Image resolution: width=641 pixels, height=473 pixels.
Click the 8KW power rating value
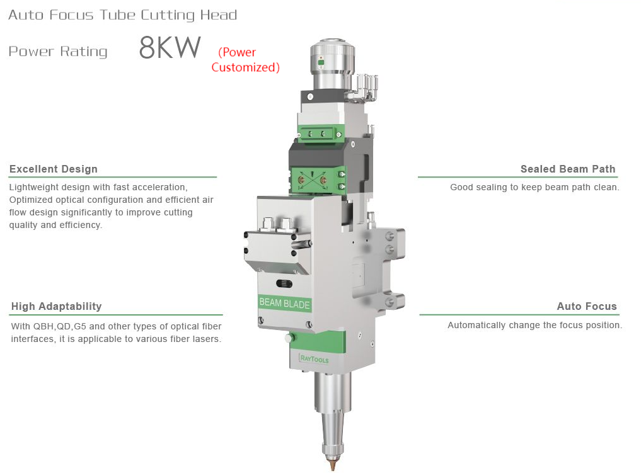pyautogui.click(x=170, y=47)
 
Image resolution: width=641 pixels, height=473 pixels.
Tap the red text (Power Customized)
pyautogui.click(x=245, y=60)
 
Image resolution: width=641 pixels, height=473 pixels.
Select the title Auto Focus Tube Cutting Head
pyautogui.click(x=123, y=15)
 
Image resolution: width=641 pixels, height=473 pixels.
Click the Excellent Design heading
pyautogui.click(x=54, y=169)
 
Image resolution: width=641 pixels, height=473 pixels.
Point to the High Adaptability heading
pyautogui.click(x=57, y=306)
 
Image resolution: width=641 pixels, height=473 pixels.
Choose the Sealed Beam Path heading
pyautogui.click(x=568, y=169)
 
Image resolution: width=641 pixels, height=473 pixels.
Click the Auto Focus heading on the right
pyautogui.click(x=587, y=306)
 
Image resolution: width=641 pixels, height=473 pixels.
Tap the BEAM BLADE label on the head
pyautogui.click(x=284, y=303)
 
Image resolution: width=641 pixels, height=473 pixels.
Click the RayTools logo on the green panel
pyautogui.click(x=314, y=358)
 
